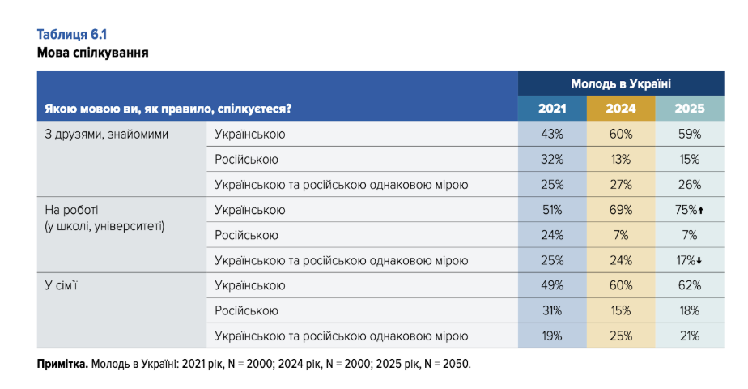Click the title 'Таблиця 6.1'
pos(72,34)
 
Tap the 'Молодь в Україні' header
pos(621,83)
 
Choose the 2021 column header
pos(553,108)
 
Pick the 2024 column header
pos(621,108)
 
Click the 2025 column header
pos(690,108)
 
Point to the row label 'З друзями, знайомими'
pos(105,134)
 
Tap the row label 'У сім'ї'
pos(65,285)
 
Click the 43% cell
pos(553,134)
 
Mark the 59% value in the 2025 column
pos(690,134)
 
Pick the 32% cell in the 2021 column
pos(553,159)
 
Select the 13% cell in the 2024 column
pos(621,159)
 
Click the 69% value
pos(621,210)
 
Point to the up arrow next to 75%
pos(701,211)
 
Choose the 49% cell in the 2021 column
pos(553,285)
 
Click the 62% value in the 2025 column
pos(690,285)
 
